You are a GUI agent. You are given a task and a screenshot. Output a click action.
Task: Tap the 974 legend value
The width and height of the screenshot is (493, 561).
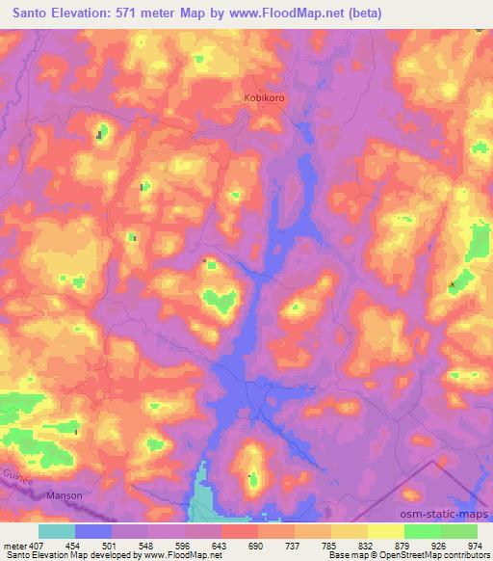pyautogui.click(x=472, y=545)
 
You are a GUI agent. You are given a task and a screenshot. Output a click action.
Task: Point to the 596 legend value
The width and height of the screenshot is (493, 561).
pyautogui.click(x=185, y=545)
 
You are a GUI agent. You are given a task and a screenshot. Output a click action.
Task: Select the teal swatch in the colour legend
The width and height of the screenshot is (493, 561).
pyautogui.click(x=57, y=531)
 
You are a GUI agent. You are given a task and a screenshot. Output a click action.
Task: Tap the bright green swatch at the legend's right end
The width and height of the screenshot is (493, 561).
pyautogui.click(x=459, y=531)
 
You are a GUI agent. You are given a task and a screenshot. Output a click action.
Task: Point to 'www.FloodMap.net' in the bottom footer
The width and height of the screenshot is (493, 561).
pyautogui.click(x=182, y=555)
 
